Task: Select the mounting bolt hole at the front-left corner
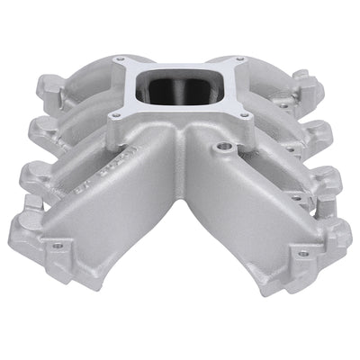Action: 59,244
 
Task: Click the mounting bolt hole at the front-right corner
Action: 303,253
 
